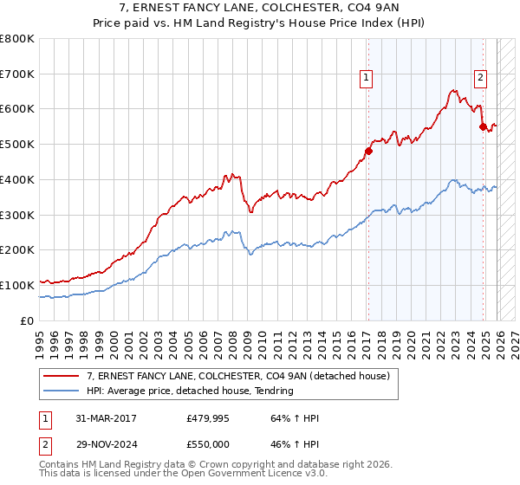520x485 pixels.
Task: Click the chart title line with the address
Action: click(260, 8)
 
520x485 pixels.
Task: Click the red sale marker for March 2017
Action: click(368, 151)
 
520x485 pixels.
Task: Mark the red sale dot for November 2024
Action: click(483, 126)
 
